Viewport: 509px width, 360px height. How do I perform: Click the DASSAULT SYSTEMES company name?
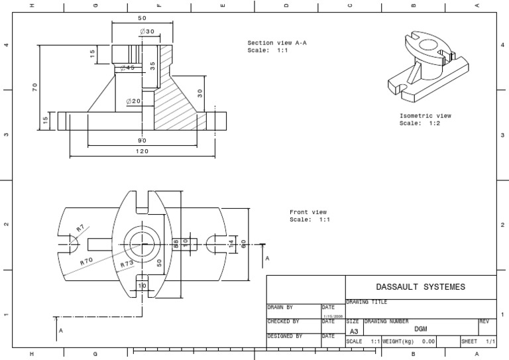point(420,287)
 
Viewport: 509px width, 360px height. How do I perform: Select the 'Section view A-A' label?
point(277,42)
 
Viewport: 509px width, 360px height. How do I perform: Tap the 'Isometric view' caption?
point(425,115)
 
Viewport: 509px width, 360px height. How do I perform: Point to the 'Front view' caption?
point(308,212)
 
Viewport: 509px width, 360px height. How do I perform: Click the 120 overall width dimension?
point(142,151)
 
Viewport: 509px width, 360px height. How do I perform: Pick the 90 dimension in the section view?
point(142,141)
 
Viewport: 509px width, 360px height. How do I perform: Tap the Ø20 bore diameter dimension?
point(134,101)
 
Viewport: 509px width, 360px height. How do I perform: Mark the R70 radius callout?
point(86,262)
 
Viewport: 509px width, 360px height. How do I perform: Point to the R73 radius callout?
point(127,264)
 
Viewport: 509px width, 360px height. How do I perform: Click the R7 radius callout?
point(80,229)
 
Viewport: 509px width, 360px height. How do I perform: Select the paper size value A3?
point(353,331)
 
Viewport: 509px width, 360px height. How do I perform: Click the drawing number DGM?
point(420,329)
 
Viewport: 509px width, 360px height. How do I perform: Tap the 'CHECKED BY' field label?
point(283,322)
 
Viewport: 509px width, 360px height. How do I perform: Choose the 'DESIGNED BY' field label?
point(284,336)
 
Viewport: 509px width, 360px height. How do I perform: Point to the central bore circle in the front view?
point(142,243)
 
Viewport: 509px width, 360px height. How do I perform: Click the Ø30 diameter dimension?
point(146,31)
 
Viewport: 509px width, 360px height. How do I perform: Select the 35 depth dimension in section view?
point(152,66)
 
